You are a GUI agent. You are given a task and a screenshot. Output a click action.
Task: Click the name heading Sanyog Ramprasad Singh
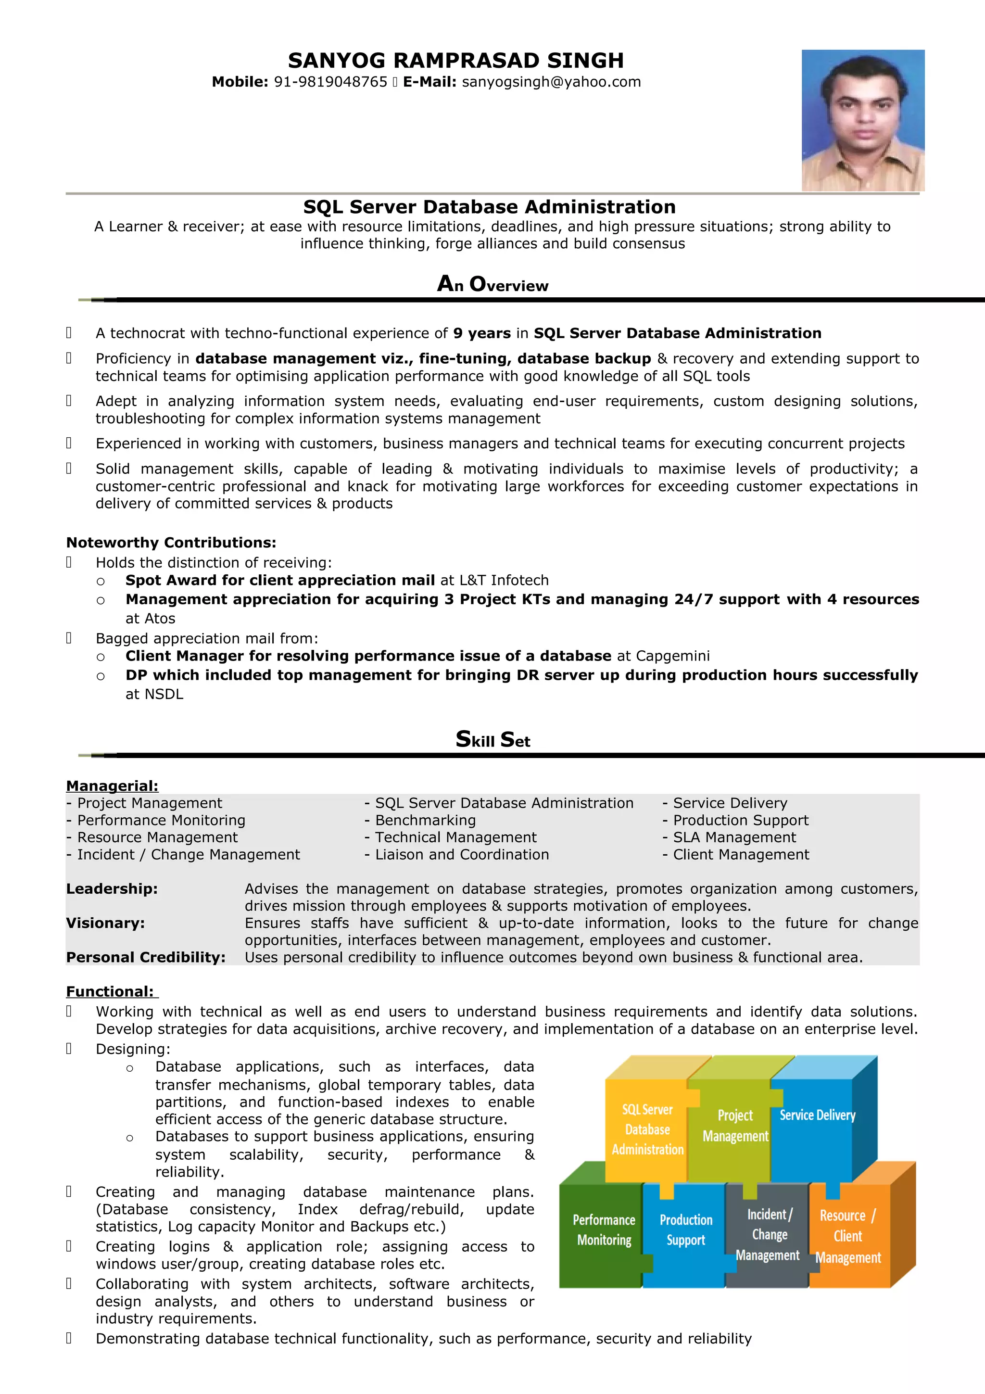[x=456, y=61]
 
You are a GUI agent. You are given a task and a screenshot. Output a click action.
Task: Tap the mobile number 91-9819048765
[x=330, y=82]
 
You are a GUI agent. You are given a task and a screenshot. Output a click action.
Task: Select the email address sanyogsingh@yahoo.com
[x=551, y=82]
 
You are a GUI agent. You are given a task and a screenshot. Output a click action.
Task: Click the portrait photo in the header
[x=862, y=120]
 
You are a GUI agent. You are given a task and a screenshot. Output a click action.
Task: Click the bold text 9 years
[x=482, y=333]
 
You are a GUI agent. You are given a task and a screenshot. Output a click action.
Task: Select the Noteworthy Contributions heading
[x=171, y=542]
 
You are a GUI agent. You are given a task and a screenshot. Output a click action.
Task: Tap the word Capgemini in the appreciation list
[x=672, y=656]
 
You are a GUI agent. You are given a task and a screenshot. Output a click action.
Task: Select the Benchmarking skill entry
[x=425, y=820]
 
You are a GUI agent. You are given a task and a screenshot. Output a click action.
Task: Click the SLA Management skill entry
[x=734, y=837]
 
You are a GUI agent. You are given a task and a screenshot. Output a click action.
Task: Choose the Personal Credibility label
[x=146, y=957]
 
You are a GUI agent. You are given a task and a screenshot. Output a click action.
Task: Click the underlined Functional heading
[x=111, y=991]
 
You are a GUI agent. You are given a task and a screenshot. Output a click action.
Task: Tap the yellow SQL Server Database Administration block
[x=647, y=1129]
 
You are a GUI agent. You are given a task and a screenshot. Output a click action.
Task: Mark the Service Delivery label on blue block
[x=817, y=1115]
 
